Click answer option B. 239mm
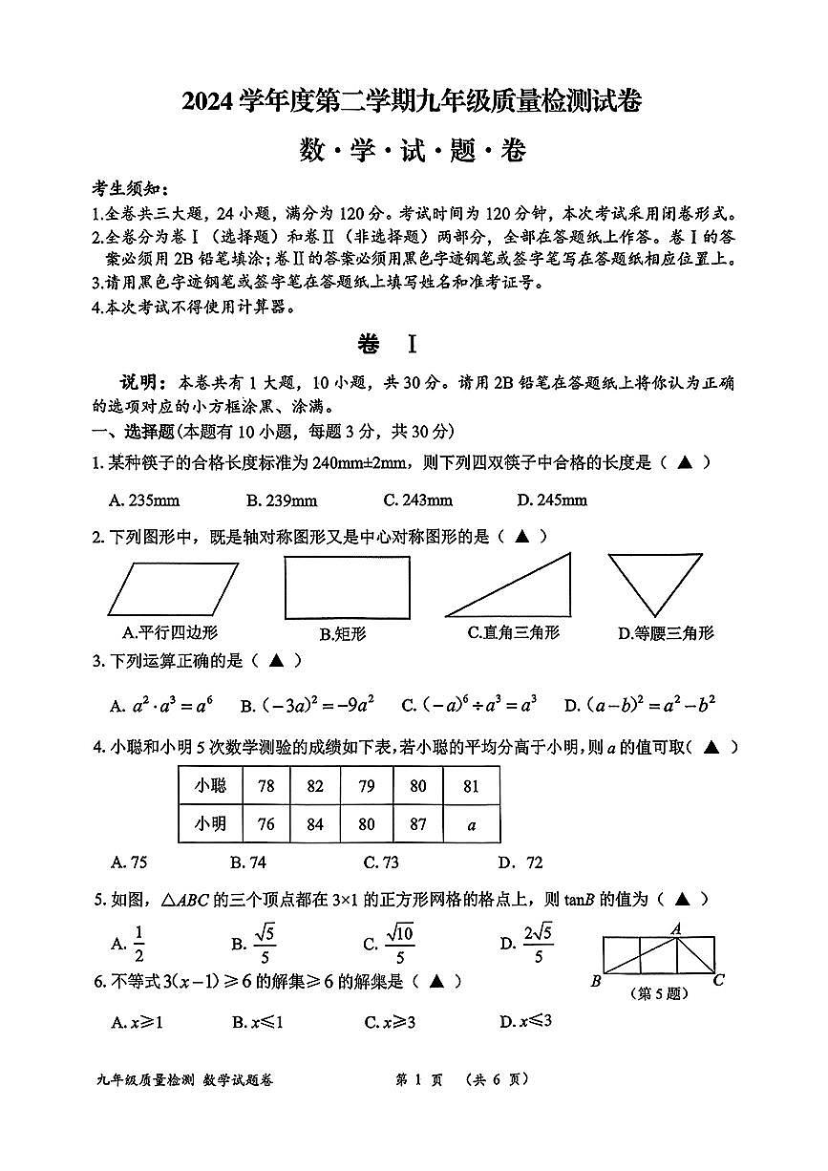(x=281, y=500)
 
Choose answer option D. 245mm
(x=552, y=500)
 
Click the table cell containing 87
(x=417, y=823)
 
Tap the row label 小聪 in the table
(x=210, y=786)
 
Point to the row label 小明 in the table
(x=210, y=823)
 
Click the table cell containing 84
(x=315, y=823)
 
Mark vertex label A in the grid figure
(x=675, y=927)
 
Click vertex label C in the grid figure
(x=718, y=980)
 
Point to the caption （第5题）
(x=658, y=993)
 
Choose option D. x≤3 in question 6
(x=525, y=1022)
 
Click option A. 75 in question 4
(x=129, y=862)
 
